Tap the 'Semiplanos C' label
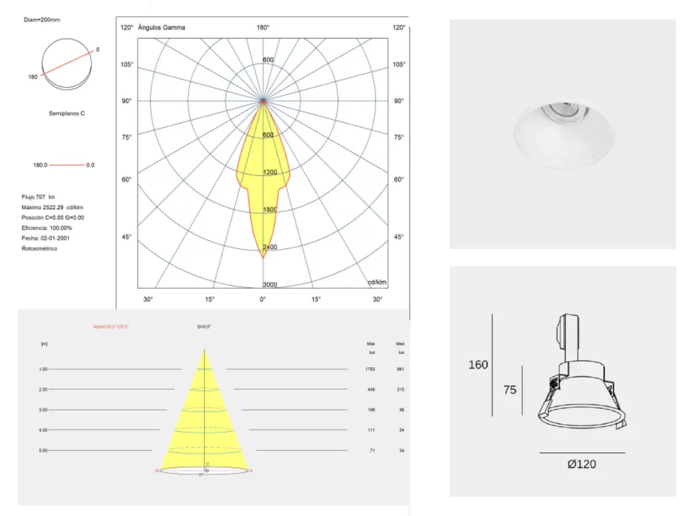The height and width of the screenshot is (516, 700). [x=66, y=114]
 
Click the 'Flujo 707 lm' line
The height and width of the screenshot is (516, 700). [x=39, y=197]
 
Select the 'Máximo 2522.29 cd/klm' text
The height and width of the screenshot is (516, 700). [x=52, y=207]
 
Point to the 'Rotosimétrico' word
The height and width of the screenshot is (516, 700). [x=39, y=248]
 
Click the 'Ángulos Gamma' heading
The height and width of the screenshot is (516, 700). [x=161, y=28]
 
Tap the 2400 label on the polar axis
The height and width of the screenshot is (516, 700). [x=269, y=247]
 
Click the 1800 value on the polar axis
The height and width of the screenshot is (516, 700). [x=269, y=210]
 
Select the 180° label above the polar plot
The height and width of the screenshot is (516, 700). [x=263, y=28]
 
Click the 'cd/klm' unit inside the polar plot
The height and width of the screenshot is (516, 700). [x=378, y=282]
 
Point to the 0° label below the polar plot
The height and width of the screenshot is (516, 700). [x=263, y=300]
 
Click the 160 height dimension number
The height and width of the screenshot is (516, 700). [x=478, y=365]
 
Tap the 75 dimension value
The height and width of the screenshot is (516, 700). [x=510, y=390]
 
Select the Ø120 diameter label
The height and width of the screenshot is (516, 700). [x=581, y=464]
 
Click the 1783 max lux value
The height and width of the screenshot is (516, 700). [x=371, y=369]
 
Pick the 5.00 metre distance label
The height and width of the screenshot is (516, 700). [x=43, y=451]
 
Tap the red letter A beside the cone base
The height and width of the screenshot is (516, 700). [x=251, y=471]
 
